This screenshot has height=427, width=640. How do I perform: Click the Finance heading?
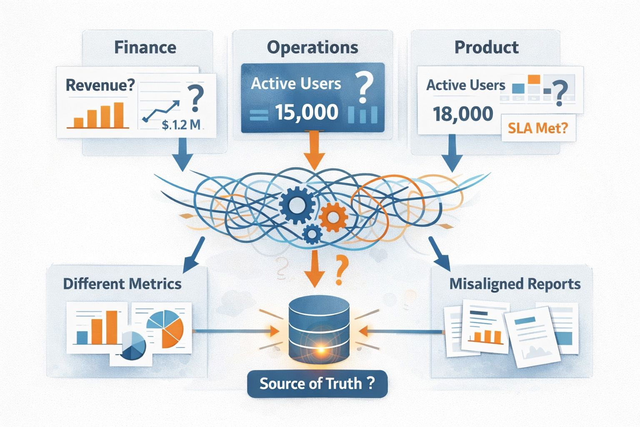click(x=145, y=47)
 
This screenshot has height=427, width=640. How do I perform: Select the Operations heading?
click(x=312, y=47)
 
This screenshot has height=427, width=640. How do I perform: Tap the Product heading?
click(x=486, y=47)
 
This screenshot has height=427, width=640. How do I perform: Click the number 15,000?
click(x=307, y=113)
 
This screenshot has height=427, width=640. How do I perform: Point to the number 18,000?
click(x=463, y=114)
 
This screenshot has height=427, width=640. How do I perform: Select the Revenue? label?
click(x=100, y=85)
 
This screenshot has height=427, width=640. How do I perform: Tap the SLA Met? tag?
click(x=538, y=128)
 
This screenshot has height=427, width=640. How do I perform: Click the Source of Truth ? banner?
click(x=317, y=383)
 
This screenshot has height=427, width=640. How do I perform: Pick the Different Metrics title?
click(x=122, y=284)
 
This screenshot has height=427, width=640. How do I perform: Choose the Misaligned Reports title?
click(x=515, y=284)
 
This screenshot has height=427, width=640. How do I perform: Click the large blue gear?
click(x=297, y=204)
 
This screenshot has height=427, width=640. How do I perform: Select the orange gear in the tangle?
click(x=333, y=217)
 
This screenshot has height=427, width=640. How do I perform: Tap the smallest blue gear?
click(x=312, y=234)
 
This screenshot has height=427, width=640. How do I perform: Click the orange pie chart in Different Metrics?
click(x=167, y=327)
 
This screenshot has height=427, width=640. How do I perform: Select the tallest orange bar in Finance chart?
click(x=119, y=115)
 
